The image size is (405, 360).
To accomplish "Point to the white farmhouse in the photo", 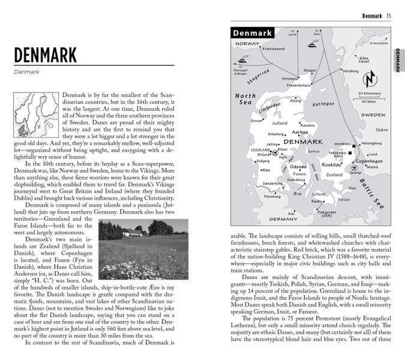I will pos(134,235).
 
